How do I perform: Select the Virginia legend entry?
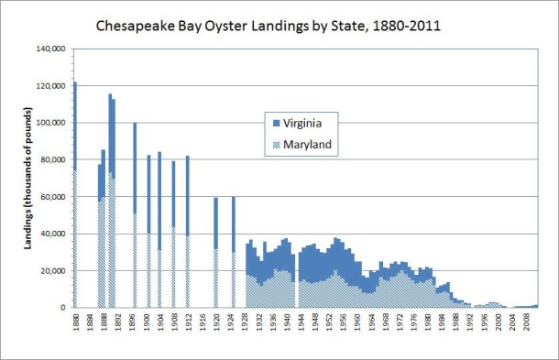[x=307, y=121]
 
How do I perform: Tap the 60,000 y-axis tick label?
[x=50, y=197]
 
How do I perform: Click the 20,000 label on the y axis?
[x=50, y=271]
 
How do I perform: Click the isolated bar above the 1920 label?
[x=216, y=252]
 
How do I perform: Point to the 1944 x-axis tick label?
[x=296, y=324]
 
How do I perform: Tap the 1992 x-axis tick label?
[x=468, y=324]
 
